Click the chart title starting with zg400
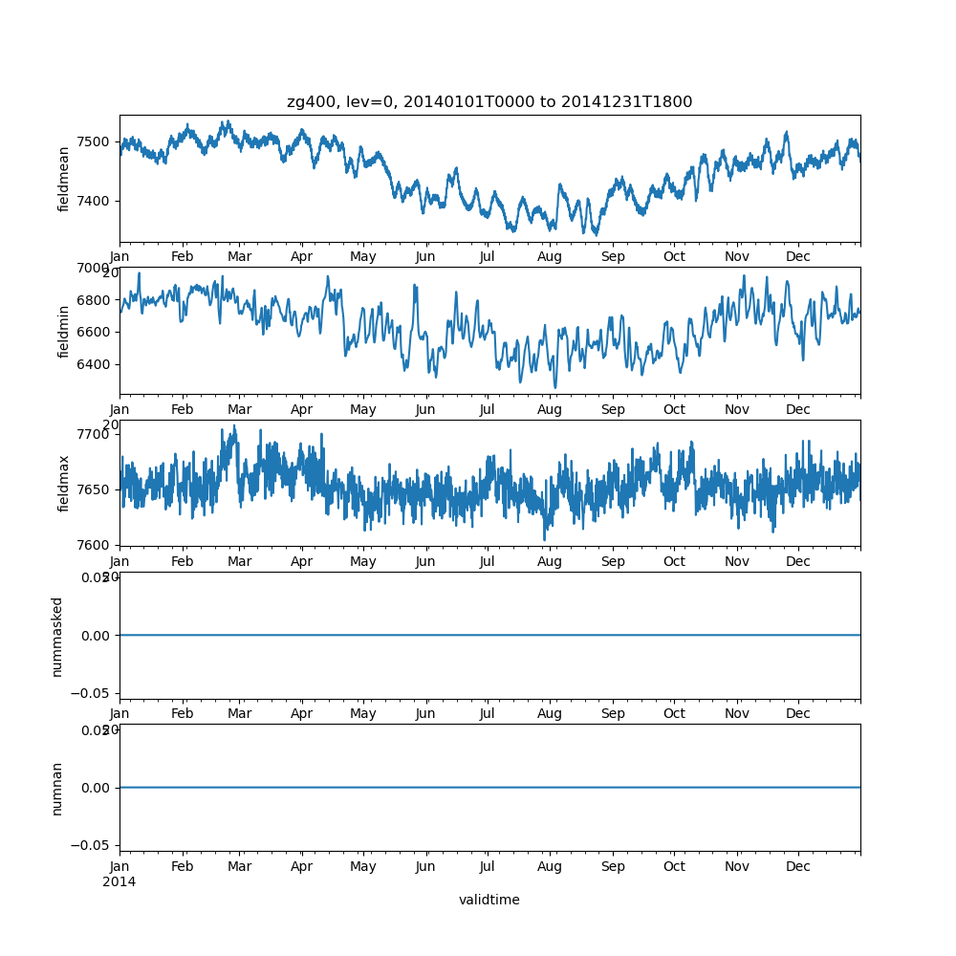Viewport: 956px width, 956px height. [x=489, y=102]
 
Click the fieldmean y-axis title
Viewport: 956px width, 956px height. [x=64, y=179]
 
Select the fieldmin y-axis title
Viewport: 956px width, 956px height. [x=64, y=332]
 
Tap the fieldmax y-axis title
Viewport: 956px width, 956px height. [x=64, y=484]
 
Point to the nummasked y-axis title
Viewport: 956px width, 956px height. [x=57, y=637]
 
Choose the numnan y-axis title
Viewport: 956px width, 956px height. [x=57, y=789]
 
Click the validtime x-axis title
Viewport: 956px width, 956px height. [x=489, y=900]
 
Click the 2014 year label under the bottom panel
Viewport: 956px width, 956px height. [x=119, y=881]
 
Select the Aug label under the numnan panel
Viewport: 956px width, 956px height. [x=550, y=867]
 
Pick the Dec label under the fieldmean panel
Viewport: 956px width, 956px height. [x=798, y=257]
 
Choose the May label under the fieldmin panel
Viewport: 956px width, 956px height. [x=363, y=410]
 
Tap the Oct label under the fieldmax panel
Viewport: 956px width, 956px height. [x=674, y=562]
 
